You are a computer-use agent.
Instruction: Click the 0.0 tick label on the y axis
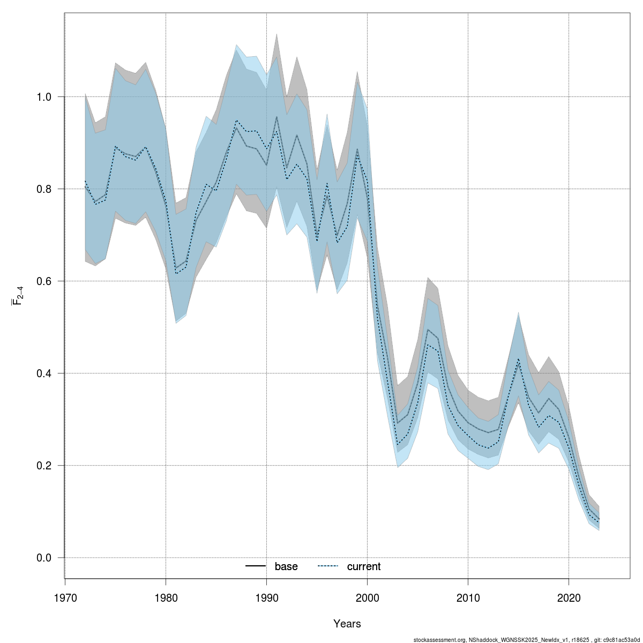(x=44, y=558)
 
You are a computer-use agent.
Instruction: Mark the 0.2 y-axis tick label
(x=44, y=466)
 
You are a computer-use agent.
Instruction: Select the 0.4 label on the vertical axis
(x=44, y=373)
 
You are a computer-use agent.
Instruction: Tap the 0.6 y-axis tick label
(x=44, y=281)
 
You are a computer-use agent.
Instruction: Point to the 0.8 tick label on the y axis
(x=44, y=189)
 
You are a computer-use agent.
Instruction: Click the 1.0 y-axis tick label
(x=44, y=97)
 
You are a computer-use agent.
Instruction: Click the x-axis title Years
(x=347, y=624)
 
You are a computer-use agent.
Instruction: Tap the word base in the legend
(x=286, y=567)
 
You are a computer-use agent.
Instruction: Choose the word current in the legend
(x=364, y=567)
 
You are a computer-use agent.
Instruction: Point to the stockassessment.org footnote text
(x=527, y=639)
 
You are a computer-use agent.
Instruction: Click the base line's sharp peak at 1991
(x=276, y=117)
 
